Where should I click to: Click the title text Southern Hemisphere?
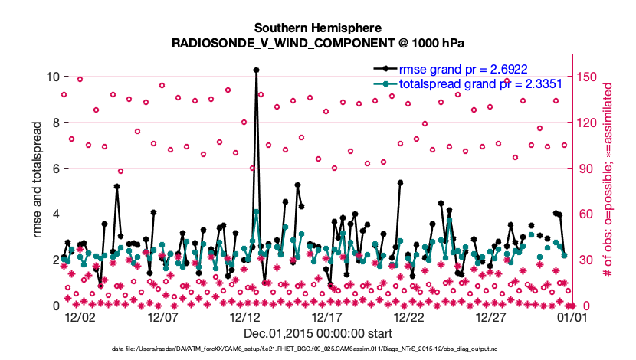click(317, 26)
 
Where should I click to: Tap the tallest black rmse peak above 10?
click(256, 70)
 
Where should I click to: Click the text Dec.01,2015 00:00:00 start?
click(318, 334)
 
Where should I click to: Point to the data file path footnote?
click(318, 350)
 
